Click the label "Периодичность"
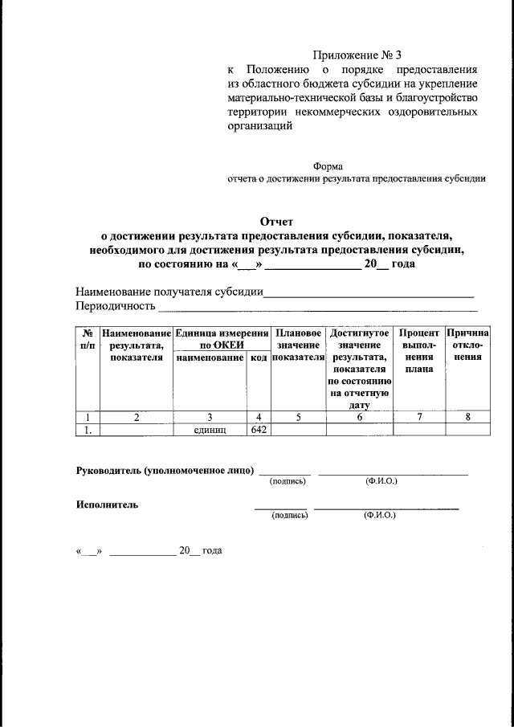tap(115, 307)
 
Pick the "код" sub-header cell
tap(258, 357)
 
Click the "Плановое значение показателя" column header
tap(298, 345)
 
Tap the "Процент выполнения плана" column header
tap(418, 351)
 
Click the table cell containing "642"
tap(258, 429)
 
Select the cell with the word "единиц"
tap(210, 430)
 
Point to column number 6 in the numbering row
tap(359, 417)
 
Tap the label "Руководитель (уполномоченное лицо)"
tap(165, 470)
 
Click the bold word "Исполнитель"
tap(107, 505)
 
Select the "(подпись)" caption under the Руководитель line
tap(285, 481)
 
